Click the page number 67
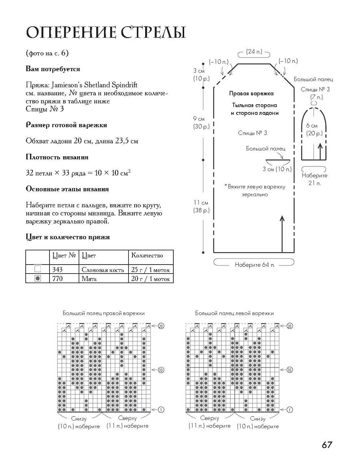click(326, 445)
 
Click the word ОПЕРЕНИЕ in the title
click(71, 32)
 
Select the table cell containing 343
click(57, 269)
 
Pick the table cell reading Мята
click(89, 279)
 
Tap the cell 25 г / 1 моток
click(150, 269)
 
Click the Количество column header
click(147, 256)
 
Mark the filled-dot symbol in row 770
click(38, 278)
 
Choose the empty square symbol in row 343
click(38, 269)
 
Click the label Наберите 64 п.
click(255, 265)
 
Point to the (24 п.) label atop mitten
click(254, 52)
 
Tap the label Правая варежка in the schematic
click(251, 93)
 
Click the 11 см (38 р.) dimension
click(201, 206)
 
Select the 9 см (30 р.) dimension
click(201, 123)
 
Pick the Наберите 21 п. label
click(315, 179)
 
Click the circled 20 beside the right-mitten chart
click(161, 326)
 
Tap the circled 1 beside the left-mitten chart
click(290, 410)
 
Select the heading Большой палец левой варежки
click(234, 313)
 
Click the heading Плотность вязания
click(57, 157)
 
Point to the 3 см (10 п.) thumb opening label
click(277, 169)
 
